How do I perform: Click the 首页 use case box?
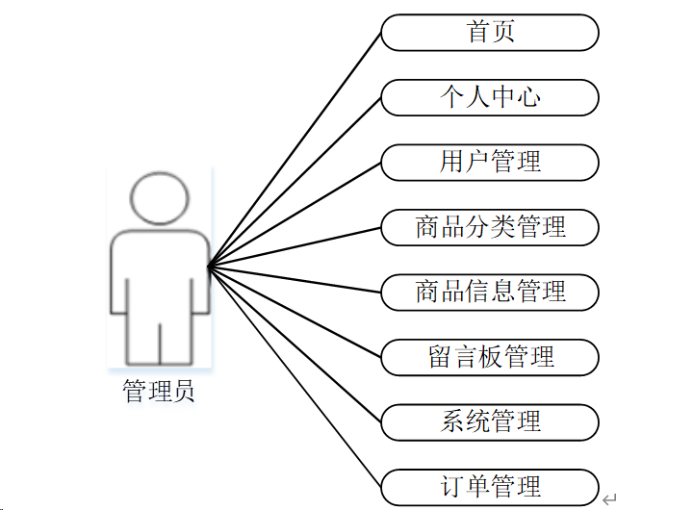click(x=490, y=32)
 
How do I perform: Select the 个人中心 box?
click(x=490, y=97)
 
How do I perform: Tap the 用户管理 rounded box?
click(x=490, y=162)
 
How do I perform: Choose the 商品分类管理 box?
click(x=490, y=227)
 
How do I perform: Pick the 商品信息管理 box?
click(x=490, y=292)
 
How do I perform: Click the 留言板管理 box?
click(x=490, y=356)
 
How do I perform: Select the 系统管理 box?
click(x=490, y=421)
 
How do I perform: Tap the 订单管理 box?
click(x=490, y=486)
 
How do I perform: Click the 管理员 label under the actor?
click(x=159, y=392)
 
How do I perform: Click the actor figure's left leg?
click(x=143, y=337)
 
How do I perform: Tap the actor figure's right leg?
click(x=176, y=337)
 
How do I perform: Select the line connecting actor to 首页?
click(x=295, y=149)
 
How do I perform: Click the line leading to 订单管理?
click(x=295, y=375)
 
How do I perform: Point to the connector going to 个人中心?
click(x=295, y=182)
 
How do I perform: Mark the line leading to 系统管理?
click(x=295, y=343)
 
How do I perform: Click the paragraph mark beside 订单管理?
click(x=609, y=499)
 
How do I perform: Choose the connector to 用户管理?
click(x=295, y=214)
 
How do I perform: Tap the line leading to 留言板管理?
click(x=295, y=311)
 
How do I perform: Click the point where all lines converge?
click(x=209, y=265)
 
